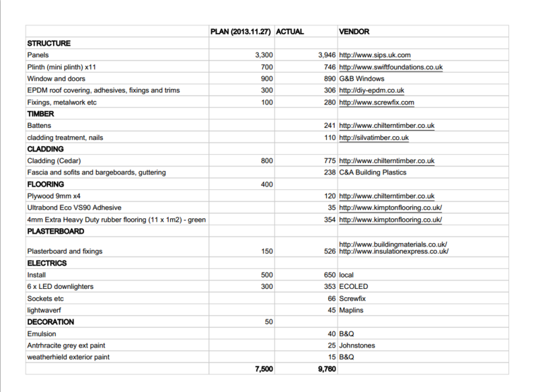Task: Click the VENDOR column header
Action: pos(354,32)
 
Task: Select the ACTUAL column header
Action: pos(291,32)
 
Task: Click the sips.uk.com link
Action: pos(375,55)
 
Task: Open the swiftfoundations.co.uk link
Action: pos(391,67)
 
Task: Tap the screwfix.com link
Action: pos(377,102)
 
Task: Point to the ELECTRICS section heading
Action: pos(46,263)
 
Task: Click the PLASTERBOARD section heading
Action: pos(56,231)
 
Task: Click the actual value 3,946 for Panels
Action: pos(323,55)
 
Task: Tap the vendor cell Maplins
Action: pos(352,310)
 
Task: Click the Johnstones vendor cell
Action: pos(357,346)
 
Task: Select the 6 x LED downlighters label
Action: pos(60,286)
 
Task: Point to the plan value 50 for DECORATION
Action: pos(268,322)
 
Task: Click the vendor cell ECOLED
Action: pos(354,286)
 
